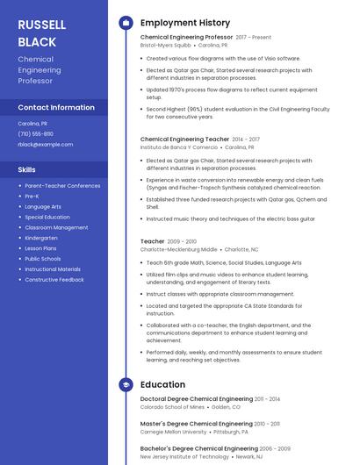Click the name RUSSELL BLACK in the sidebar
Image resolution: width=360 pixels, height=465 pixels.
click(37, 32)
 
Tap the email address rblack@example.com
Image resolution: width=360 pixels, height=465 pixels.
click(45, 144)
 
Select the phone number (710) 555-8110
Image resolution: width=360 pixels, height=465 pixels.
click(35, 134)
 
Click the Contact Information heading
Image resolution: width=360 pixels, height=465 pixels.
click(56, 107)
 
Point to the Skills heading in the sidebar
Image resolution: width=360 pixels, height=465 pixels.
click(27, 169)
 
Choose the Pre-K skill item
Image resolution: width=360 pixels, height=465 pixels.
click(32, 196)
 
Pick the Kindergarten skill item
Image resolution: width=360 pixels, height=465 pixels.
click(40, 237)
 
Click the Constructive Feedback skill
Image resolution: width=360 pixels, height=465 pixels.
click(54, 279)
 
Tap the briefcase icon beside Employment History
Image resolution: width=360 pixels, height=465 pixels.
click(126, 23)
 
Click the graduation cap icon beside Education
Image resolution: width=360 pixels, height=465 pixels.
click(126, 384)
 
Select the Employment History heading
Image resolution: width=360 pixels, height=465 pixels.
click(185, 23)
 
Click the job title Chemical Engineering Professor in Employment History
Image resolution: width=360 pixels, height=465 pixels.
click(186, 38)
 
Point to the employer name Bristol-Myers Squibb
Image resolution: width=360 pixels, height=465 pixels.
click(165, 45)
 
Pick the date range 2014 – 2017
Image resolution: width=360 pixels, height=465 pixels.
click(246, 139)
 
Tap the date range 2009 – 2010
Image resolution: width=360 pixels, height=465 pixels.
click(182, 241)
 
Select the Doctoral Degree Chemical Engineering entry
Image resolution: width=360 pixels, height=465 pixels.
click(197, 399)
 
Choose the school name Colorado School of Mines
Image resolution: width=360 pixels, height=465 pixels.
click(172, 407)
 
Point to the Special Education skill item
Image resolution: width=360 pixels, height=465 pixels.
click(47, 217)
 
